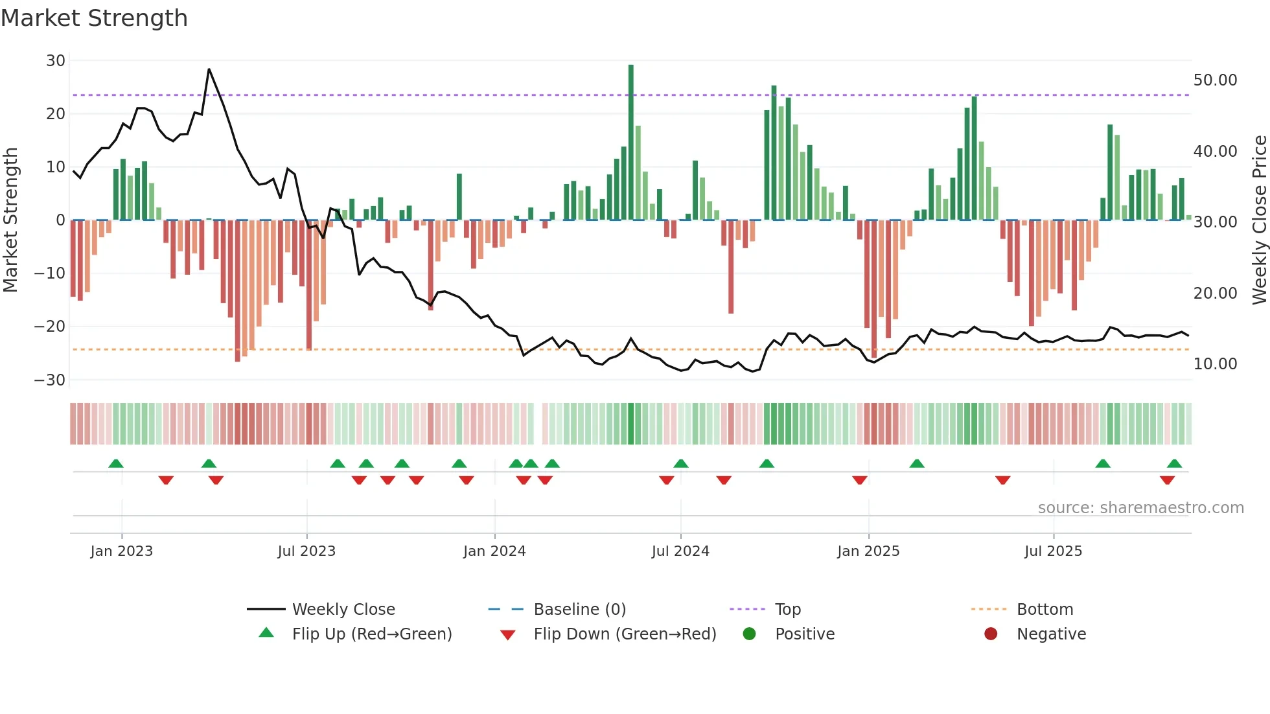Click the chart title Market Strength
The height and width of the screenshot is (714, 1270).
[95, 18]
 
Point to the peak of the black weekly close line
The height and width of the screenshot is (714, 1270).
[209, 69]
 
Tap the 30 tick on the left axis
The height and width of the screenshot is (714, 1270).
[56, 61]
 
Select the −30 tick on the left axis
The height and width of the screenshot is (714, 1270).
[50, 380]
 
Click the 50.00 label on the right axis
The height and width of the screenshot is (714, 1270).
[1215, 80]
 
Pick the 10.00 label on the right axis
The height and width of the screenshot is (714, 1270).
[1215, 364]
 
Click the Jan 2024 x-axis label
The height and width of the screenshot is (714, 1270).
[494, 551]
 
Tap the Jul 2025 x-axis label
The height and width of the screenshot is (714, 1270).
[1053, 551]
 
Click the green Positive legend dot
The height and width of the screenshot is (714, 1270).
[750, 634]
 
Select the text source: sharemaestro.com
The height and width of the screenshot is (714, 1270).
[1140, 508]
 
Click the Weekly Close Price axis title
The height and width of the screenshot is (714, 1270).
[1259, 220]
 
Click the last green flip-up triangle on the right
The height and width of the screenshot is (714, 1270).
[1174, 464]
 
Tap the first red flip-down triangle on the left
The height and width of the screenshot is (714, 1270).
[166, 480]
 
